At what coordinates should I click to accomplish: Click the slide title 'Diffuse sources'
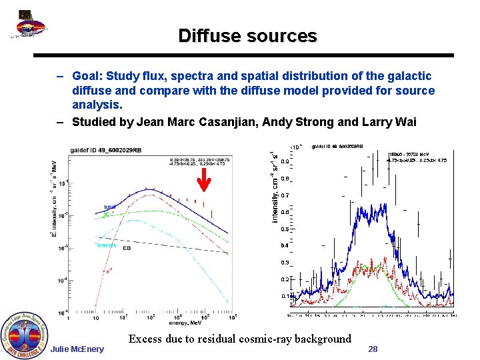pyautogui.click(x=247, y=36)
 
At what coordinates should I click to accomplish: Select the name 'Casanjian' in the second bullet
pyautogui.click(x=223, y=121)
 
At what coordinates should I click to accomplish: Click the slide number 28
pyautogui.click(x=373, y=349)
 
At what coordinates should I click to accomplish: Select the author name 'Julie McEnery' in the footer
pyautogui.click(x=77, y=349)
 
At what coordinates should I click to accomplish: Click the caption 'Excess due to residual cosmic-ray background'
pyautogui.click(x=239, y=339)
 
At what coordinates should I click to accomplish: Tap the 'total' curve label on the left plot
pyautogui.click(x=110, y=207)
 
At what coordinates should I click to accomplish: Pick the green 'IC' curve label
pyautogui.click(x=106, y=214)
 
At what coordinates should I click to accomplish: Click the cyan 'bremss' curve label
pyautogui.click(x=107, y=245)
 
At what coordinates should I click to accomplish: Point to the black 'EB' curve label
pyautogui.click(x=126, y=249)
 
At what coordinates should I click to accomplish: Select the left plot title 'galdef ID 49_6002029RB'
pyautogui.click(x=105, y=149)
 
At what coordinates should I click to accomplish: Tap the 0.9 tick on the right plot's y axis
pyautogui.click(x=284, y=161)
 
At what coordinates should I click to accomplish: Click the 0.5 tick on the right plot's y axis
pyautogui.click(x=284, y=229)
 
